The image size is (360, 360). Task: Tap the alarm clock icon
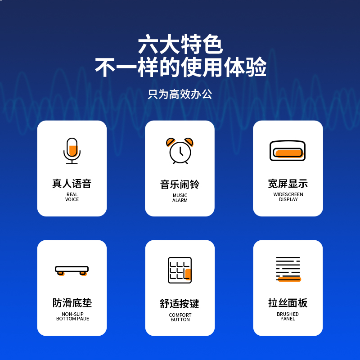click(180, 151)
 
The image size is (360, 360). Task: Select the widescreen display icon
click(288, 151)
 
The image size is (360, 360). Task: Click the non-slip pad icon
click(72, 270)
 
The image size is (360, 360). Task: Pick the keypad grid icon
click(180, 270)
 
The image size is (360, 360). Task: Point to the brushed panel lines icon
click(288, 269)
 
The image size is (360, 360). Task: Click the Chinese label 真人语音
click(72, 184)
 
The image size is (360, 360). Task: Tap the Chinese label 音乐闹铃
click(180, 184)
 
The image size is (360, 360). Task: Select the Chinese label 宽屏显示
click(288, 184)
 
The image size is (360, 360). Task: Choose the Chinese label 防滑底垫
click(72, 303)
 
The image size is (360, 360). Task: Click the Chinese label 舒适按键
click(180, 304)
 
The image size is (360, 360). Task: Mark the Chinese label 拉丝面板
click(288, 303)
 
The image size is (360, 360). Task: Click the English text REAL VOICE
click(72, 197)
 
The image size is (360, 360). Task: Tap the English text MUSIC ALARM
click(180, 198)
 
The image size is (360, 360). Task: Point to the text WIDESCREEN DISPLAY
click(288, 197)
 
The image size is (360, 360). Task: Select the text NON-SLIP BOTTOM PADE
click(72, 316)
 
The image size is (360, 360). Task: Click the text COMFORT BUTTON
click(180, 317)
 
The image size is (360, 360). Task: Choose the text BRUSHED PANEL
click(288, 316)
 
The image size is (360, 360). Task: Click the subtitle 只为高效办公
click(180, 94)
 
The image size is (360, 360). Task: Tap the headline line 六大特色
click(180, 44)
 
